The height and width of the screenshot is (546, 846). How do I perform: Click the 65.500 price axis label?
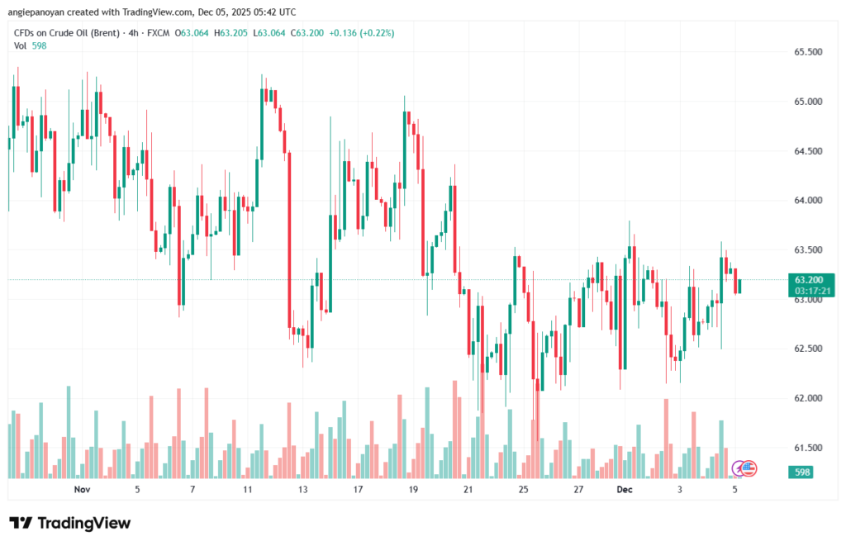click(x=808, y=52)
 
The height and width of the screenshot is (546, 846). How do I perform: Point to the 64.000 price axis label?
click(x=808, y=201)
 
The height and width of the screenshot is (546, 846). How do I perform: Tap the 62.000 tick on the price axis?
click(x=808, y=398)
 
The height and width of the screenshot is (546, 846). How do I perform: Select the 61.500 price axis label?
click(x=808, y=448)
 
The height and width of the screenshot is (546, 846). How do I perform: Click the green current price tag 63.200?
click(x=813, y=279)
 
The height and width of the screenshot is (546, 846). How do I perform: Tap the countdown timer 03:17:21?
click(x=813, y=291)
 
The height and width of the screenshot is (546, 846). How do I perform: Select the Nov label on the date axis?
click(x=81, y=490)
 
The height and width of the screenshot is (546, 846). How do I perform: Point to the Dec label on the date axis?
click(x=625, y=490)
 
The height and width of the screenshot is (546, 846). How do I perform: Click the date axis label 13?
click(x=303, y=490)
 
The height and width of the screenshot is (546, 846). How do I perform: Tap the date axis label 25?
click(x=523, y=490)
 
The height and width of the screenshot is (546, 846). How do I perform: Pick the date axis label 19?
click(x=413, y=490)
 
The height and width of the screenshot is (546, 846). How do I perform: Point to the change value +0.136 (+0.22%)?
click(x=361, y=33)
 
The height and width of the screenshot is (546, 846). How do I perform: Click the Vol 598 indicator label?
click(x=31, y=46)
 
